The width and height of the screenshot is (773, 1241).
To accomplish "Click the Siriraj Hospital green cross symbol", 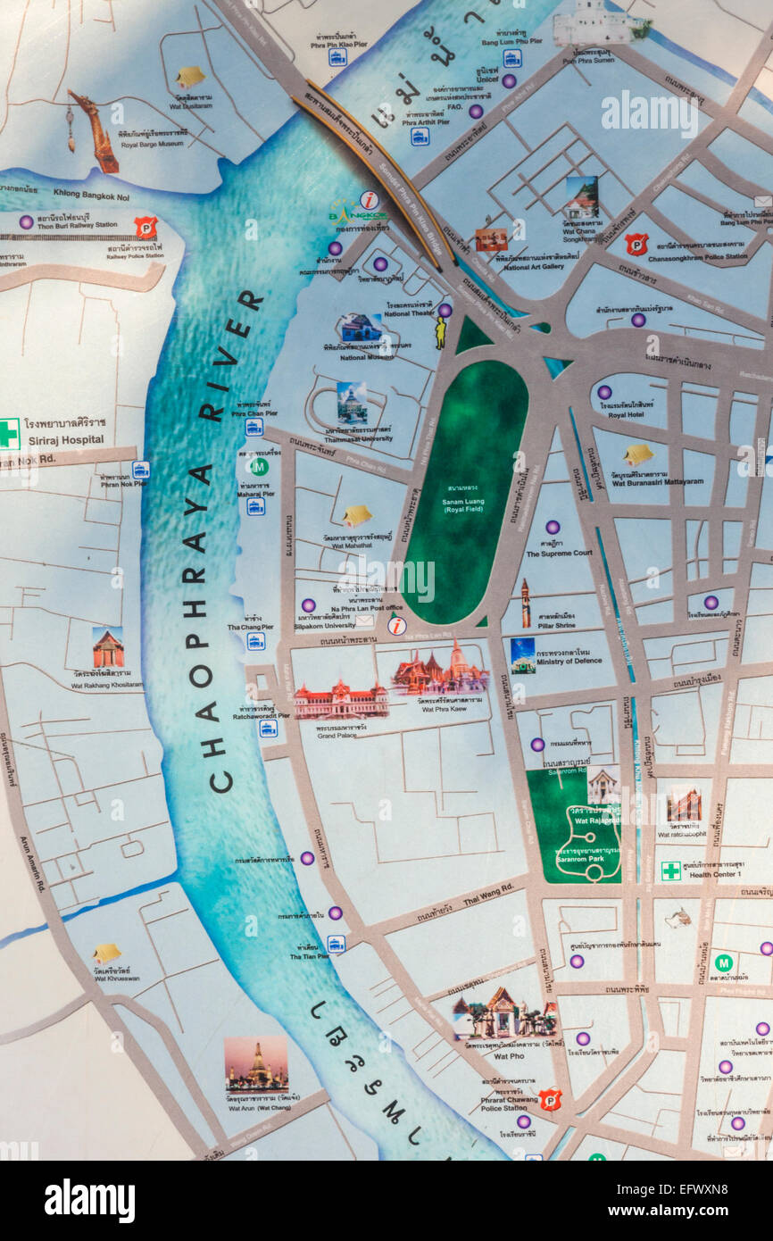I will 9,433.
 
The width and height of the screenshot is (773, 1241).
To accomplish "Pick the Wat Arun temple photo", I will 256,1063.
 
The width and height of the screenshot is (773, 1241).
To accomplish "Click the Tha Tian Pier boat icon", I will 336,943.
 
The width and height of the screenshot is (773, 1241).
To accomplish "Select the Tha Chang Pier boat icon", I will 256,640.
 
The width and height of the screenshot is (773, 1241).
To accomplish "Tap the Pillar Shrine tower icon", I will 526,604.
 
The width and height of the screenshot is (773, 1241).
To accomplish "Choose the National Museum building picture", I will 361,328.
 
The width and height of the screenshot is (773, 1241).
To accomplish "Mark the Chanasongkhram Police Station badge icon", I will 636,244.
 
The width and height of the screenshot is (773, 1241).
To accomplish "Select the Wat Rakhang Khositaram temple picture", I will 108,648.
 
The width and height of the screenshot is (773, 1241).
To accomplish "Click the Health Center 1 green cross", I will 670,870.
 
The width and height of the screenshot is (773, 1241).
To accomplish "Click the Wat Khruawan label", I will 117,978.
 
